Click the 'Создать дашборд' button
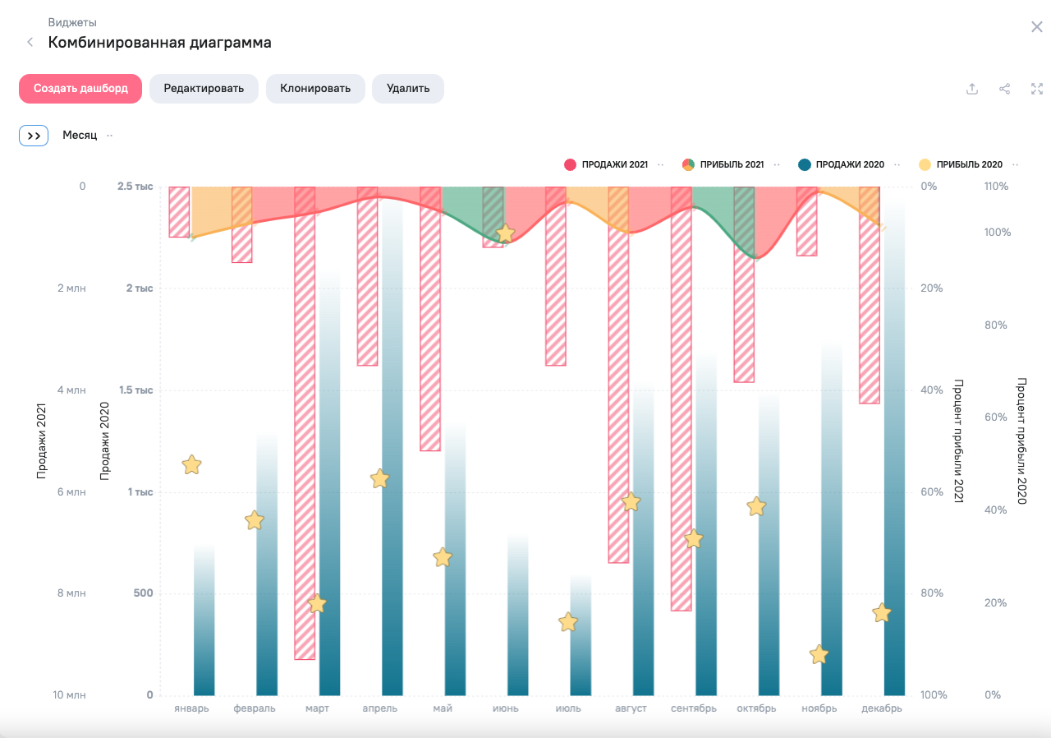pos(80,89)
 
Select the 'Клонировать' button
pos(315,89)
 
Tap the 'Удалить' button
pos(408,89)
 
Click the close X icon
pos(1036,27)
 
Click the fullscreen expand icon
pos(1036,89)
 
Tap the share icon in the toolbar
pos(1004,89)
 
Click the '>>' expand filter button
pos(34,136)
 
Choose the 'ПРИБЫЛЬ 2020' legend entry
pos(961,164)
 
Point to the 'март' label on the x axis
pos(317,708)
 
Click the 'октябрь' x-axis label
pos(755,708)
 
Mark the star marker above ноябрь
pos(819,655)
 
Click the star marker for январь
pos(191,465)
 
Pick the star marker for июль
pos(568,622)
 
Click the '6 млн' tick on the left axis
pos(70,492)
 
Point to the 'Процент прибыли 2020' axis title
pos(1021,440)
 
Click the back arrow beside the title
pos(30,42)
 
